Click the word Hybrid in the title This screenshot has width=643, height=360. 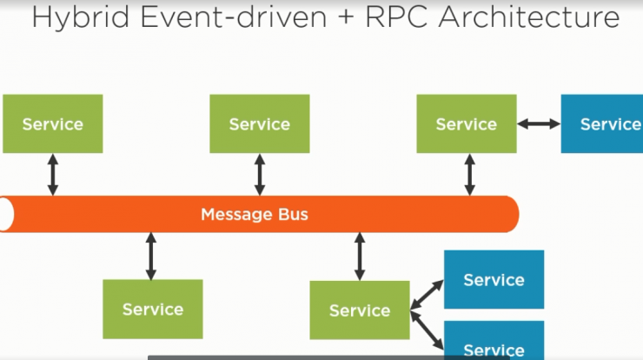[80, 18]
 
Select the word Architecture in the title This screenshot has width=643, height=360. [529, 17]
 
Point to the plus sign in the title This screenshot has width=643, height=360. [346, 18]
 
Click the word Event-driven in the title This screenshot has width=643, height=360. [234, 17]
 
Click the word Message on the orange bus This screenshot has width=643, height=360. [236, 215]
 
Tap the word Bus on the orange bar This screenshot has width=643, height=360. [293, 214]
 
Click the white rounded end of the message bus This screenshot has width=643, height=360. [6, 214]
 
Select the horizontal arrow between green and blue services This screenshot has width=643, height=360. [539, 123]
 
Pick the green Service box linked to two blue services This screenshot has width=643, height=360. [360, 310]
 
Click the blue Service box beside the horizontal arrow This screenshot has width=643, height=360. [602, 123]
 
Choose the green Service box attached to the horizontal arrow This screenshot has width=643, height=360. [467, 123]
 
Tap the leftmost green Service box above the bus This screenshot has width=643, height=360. [52, 123]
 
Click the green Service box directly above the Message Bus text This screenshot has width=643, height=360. [260, 123]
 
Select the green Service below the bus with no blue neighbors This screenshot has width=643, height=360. [153, 309]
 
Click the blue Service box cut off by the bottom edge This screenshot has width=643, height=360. [494, 340]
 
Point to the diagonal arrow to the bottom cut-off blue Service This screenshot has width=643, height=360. [427, 330]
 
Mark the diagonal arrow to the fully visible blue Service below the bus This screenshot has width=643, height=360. [427, 294]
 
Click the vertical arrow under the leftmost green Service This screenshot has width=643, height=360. [52, 175]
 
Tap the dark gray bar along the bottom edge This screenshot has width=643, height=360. [328, 358]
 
